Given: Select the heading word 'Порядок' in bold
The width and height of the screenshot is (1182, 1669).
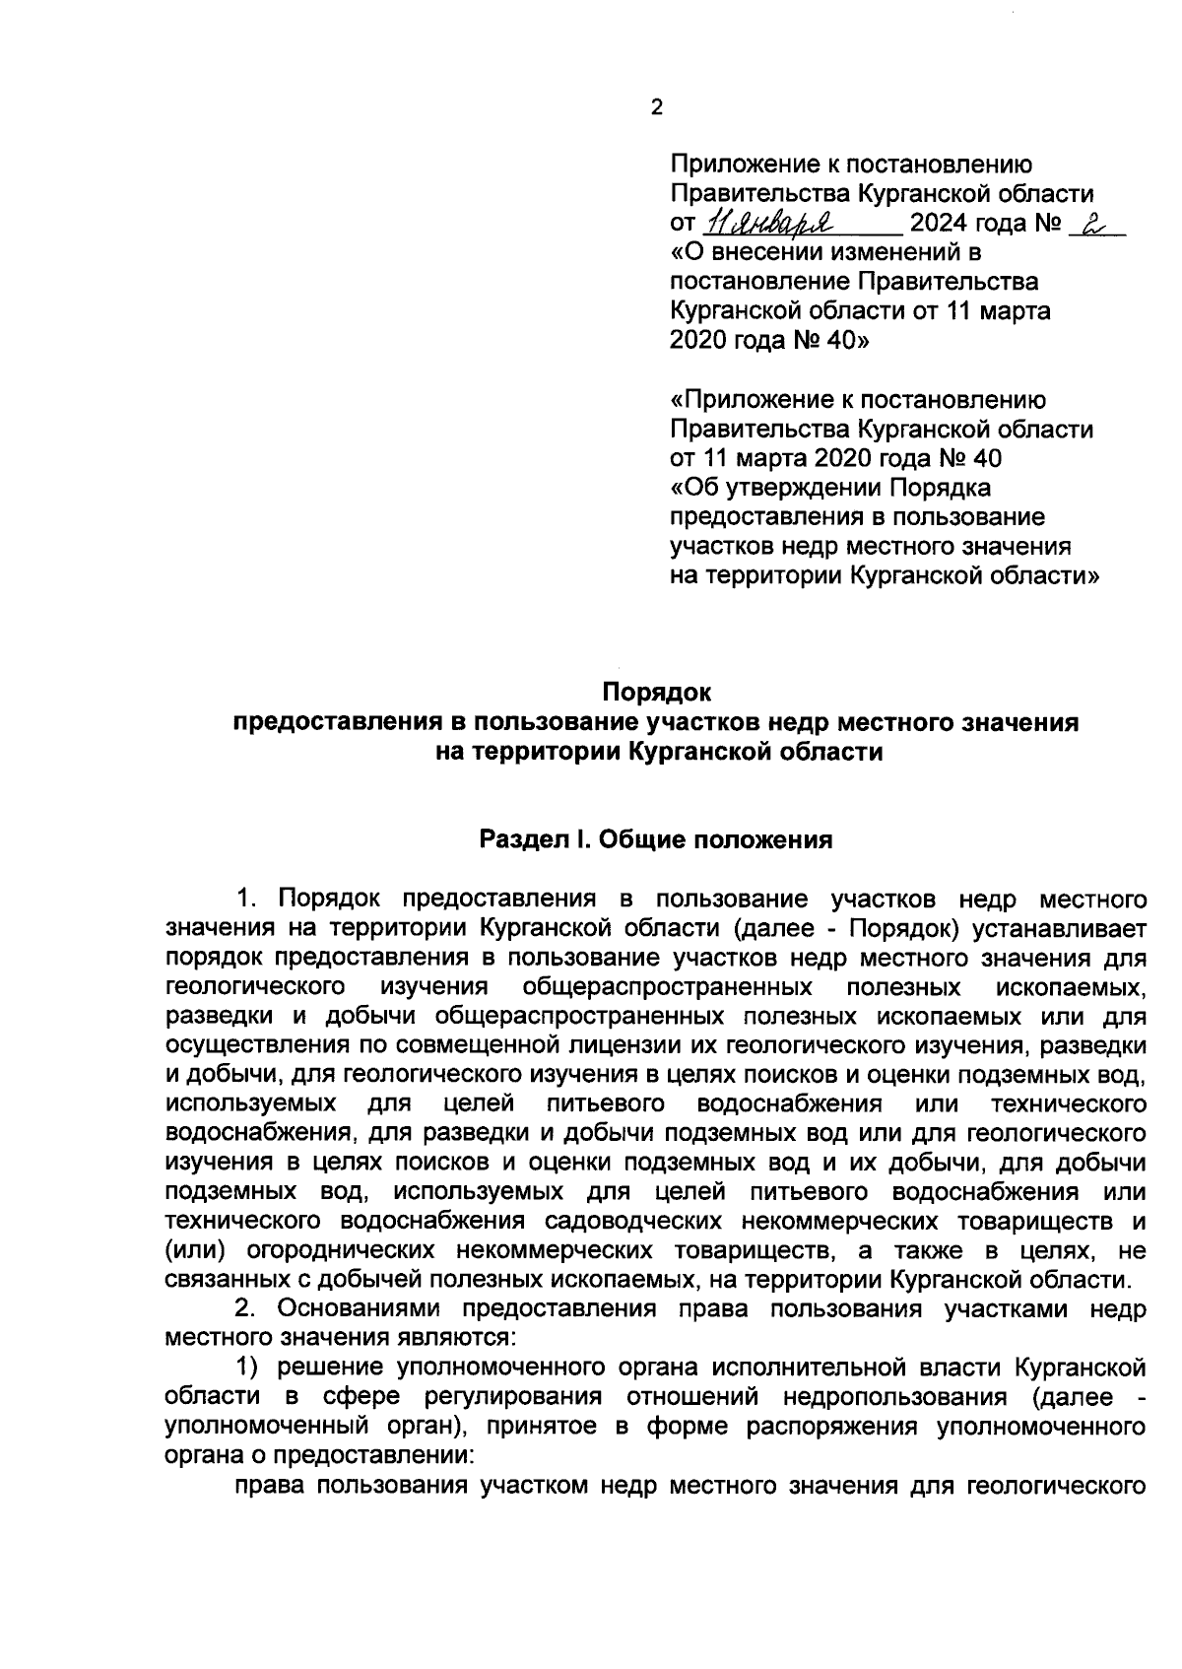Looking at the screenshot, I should [656, 694].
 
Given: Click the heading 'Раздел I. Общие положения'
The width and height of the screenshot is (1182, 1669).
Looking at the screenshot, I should [656, 840].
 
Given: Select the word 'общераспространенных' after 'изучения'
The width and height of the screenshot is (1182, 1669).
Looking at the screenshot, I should [668, 986].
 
